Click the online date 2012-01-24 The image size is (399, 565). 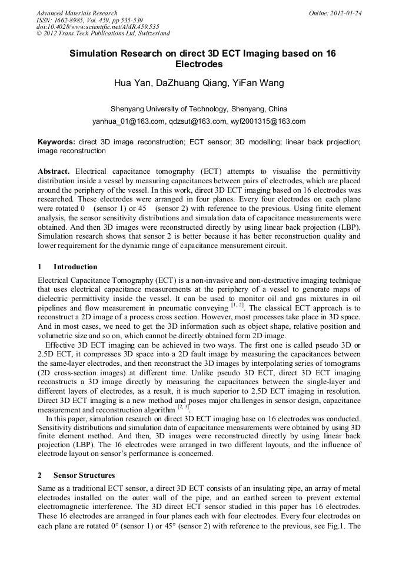coord(346,12)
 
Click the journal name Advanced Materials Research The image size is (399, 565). coord(77,12)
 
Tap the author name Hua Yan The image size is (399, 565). coord(132,82)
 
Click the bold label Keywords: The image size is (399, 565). coord(56,142)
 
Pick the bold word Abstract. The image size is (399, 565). coord(54,170)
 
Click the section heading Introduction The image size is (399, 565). coord(75,267)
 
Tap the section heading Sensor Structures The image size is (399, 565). coord(84,475)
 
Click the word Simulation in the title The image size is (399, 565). coord(95,54)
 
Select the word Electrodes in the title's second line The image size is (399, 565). coord(199,64)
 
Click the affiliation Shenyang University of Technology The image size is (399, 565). coord(168,109)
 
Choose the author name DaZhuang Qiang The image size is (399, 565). coord(191,82)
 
